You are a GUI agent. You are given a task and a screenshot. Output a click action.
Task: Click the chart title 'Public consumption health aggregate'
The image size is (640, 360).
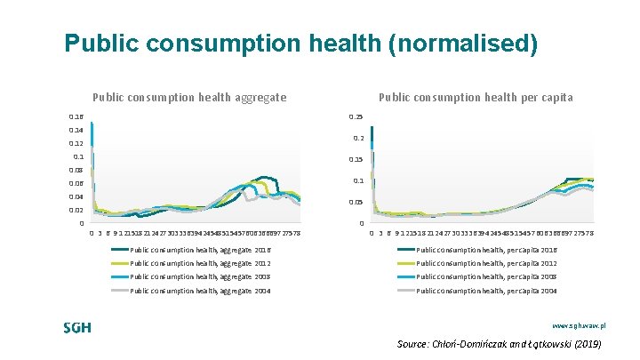189,98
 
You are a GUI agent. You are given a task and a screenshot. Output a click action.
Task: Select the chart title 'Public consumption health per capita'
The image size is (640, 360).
476,98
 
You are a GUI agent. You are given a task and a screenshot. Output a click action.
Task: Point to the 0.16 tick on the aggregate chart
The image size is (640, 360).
76,116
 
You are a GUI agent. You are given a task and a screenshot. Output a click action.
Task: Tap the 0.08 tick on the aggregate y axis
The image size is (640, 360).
76,170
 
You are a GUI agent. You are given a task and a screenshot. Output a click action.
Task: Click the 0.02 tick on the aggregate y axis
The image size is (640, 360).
76,210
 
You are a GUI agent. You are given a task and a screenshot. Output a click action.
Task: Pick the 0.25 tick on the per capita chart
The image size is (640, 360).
356,116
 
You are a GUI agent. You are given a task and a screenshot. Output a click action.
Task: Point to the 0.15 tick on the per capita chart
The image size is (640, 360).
356,159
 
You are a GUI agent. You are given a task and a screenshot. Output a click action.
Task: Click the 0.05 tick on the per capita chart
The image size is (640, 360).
356,202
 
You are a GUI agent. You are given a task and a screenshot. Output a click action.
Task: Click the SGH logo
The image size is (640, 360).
77,327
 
